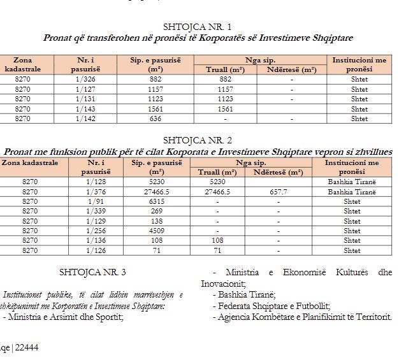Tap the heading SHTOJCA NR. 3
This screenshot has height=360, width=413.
pyautogui.click(x=92, y=272)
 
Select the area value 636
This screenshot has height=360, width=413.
pyautogui.click(x=156, y=119)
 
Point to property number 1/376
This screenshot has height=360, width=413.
pyautogui.click(x=95, y=192)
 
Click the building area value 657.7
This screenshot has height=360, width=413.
pyautogui.click(x=279, y=192)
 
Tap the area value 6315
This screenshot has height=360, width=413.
pyautogui.click(x=156, y=201)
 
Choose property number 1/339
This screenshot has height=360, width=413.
pyautogui.click(x=95, y=211)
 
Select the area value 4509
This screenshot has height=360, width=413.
pyautogui.click(x=156, y=231)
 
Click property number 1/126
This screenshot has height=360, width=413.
pyautogui.click(x=95, y=250)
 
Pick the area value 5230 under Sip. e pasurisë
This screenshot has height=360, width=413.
pyautogui.click(x=156, y=182)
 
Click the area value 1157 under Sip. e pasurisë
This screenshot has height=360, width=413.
pyautogui.click(x=156, y=89)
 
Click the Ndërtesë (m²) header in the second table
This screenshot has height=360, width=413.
pyautogui.click(x=279, y=172)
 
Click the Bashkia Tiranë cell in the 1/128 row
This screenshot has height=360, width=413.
pyautogui.click(x=352, y=182)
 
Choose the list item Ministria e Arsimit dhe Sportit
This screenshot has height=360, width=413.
pyautogui.click(x=65, y=317)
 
